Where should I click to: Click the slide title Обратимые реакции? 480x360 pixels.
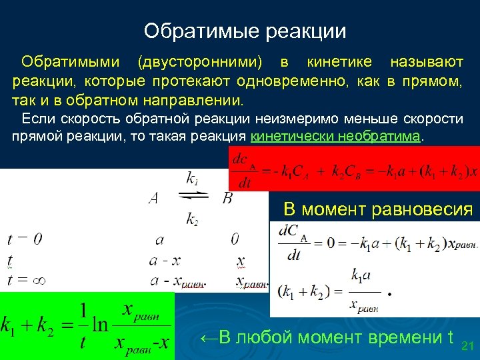245,31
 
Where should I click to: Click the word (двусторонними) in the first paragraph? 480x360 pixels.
200,63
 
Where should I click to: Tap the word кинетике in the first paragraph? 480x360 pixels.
339,63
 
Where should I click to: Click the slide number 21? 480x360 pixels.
467,346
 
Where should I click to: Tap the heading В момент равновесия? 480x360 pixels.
377,209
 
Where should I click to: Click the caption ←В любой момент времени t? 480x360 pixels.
327,337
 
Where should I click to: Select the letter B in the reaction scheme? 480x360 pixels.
227,199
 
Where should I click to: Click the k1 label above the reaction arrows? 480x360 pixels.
192,178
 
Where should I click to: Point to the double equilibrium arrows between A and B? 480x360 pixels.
193,196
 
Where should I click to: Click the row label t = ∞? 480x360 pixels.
25,281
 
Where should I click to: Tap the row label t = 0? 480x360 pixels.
25,239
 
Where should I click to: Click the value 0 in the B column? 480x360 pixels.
235,239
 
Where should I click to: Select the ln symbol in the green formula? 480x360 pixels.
99,325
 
